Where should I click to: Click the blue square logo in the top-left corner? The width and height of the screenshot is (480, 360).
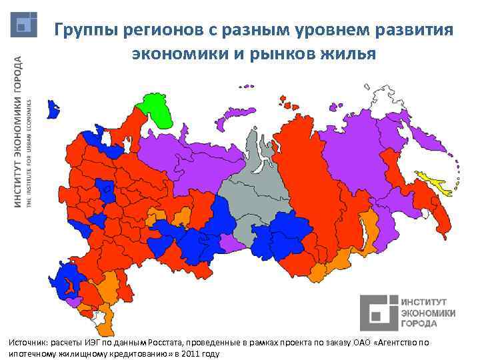[x=25, y=25]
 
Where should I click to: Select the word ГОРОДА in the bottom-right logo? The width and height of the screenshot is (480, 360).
[x=419, y=323]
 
